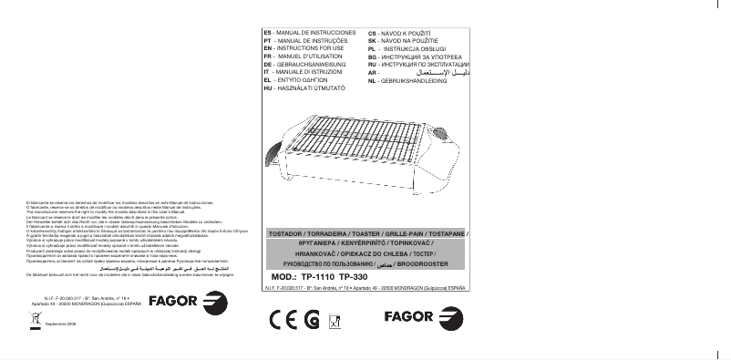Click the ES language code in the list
pos(267,33)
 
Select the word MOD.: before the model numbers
pos(285,276)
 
